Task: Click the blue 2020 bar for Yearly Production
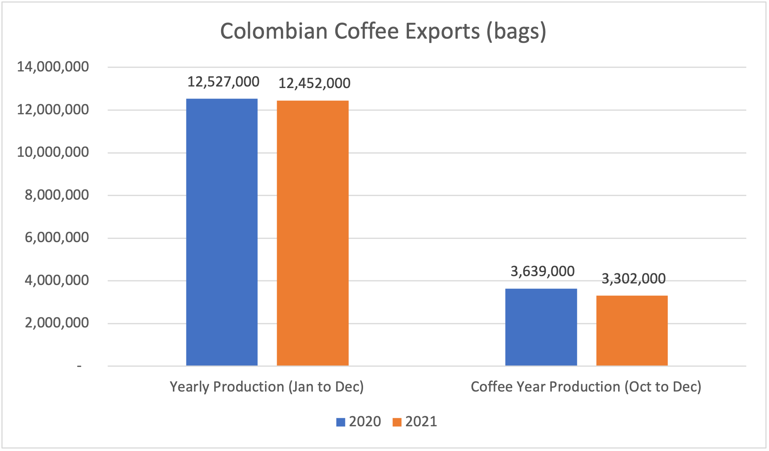222,232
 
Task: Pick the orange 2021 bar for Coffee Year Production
632,331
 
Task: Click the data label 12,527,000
223,82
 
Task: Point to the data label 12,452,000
314,83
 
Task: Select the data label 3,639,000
543,271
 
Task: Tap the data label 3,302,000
634,279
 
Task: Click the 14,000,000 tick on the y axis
53,67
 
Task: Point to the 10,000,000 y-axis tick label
53,153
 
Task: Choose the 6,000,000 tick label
57,237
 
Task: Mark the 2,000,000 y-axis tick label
57,323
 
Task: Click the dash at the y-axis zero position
79,366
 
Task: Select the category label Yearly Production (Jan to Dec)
267,387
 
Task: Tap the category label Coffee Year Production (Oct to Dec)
586,387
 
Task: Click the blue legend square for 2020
341,422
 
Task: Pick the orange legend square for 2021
397,422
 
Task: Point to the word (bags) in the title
516,32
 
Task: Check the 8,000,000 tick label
57,195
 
